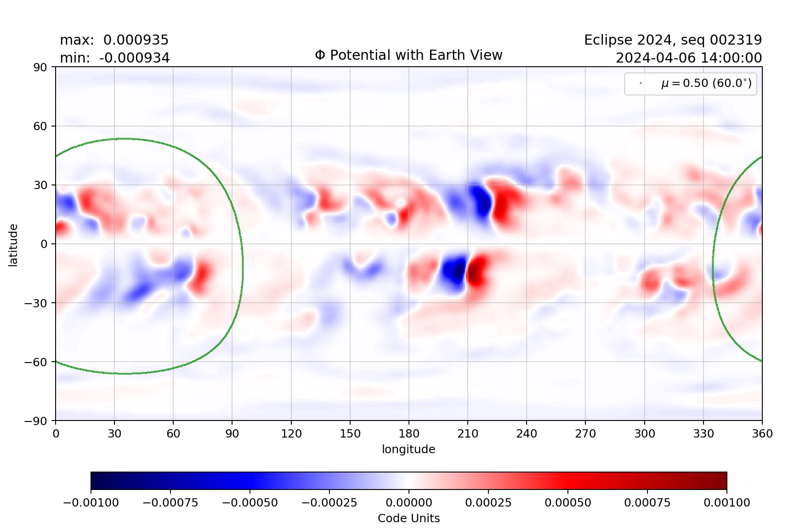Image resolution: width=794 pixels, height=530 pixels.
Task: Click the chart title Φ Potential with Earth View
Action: [x=408, y=55]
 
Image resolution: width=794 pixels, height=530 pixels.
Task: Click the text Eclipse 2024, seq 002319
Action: [x=673, y=40]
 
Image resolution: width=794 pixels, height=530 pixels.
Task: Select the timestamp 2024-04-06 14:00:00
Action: [x=688, y=58]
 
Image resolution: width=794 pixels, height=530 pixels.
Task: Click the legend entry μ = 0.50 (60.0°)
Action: [x=706, y=83]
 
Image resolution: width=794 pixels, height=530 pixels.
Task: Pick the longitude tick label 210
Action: [x=468, y=433]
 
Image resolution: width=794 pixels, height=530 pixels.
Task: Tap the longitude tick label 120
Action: [x=291, y=433]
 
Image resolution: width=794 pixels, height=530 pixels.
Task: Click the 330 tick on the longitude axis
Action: [x=703, y=433]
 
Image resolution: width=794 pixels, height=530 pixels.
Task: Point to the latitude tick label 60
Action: [x=40, y=126]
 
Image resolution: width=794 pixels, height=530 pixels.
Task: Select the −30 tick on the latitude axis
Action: [x=36, y=303]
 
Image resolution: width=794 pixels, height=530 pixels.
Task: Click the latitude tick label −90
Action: [x=36, y=421]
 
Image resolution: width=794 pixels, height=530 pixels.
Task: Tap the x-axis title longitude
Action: [x=408, y=449]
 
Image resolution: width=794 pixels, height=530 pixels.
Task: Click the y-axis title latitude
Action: [x=13, y=245]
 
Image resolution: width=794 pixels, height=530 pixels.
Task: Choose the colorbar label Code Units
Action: [x=408, y=518]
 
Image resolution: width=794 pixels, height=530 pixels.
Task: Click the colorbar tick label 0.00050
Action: [x=568, y=503]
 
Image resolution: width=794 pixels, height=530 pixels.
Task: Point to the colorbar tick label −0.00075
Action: [x=170, y=503]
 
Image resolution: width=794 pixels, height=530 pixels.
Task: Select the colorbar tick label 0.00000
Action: [x=409, y=503]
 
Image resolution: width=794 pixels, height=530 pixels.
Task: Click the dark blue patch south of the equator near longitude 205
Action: [x=454, y=271]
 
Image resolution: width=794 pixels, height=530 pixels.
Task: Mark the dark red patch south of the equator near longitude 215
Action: [x=476, y=271]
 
